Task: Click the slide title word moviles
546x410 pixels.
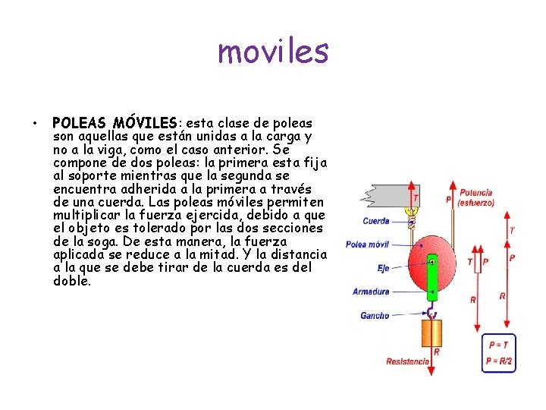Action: click(x=273, y=52)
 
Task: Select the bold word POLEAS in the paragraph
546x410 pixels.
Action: click(x=79, y=123)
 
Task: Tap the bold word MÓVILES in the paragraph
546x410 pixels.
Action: click(x=144, y=123)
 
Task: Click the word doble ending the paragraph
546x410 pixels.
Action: click(x=72, y=281)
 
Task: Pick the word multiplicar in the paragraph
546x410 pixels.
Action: click(x=93, y=215)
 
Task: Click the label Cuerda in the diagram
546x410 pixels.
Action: click(x=376, y=222)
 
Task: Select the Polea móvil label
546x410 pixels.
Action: click(x=368, y=244)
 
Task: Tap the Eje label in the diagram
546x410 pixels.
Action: click(x=383, y=268)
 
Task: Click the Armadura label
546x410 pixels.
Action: click(x=371, y=292)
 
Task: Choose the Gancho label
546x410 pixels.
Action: click(x=375, y=315)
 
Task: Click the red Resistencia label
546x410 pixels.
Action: click(x=406, y=361)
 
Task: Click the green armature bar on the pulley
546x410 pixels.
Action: click(x=431, y=278)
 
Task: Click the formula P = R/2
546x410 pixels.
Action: click(x=499, y=361)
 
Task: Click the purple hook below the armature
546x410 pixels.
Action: click(x=431, y=312)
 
